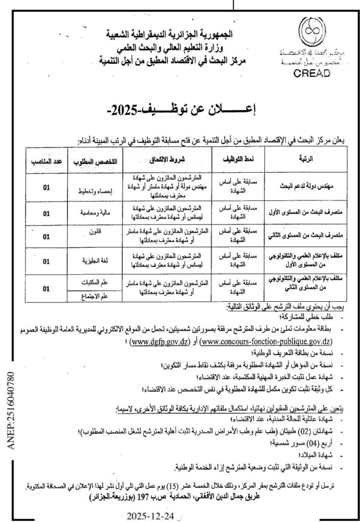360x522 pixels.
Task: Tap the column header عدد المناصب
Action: point(45,160)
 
